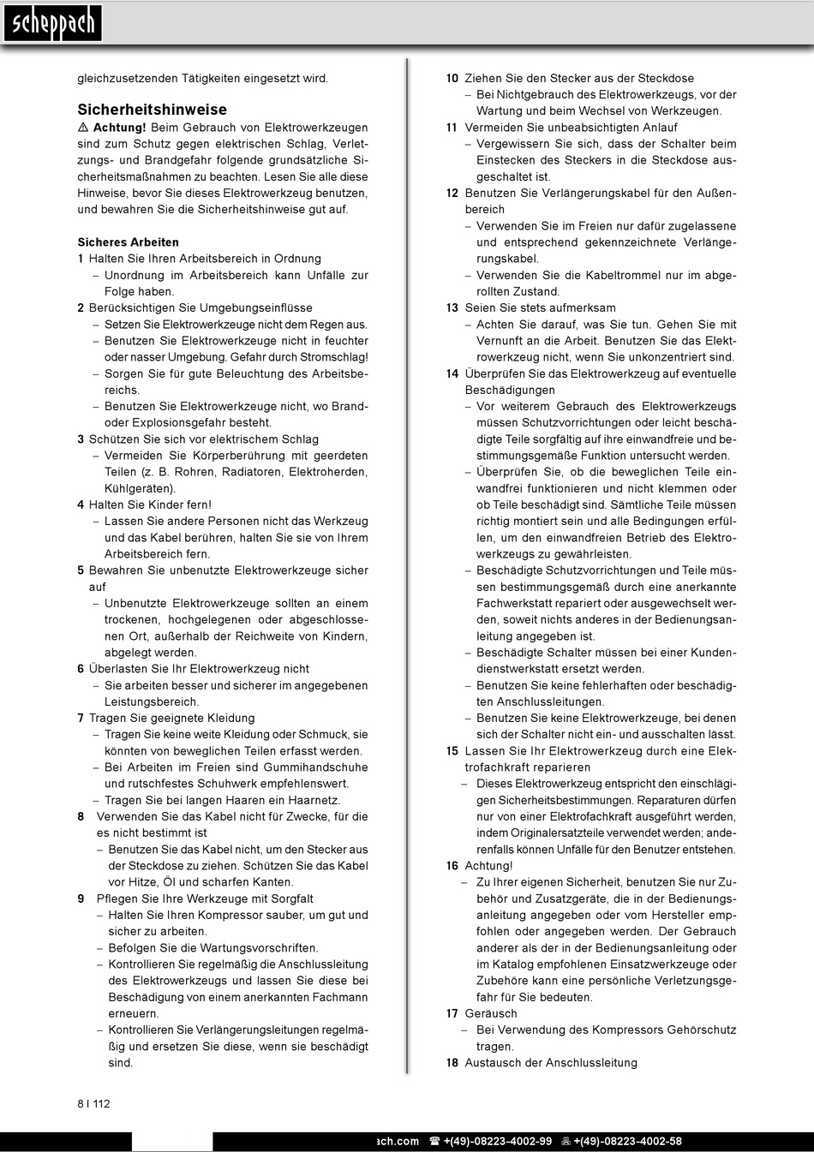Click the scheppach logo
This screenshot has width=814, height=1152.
52,24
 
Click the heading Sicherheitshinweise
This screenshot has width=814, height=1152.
152,110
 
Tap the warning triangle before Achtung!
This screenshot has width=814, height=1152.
83,128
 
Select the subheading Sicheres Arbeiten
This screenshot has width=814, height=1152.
128,242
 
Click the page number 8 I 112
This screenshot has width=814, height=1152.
93,1103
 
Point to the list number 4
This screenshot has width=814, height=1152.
81,505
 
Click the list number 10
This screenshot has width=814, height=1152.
452,78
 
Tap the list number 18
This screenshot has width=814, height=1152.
452,1063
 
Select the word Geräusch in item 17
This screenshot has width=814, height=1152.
491,1013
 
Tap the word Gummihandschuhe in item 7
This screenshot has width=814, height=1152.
315,767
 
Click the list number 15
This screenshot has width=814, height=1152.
452,751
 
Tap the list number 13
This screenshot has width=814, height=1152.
452,308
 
